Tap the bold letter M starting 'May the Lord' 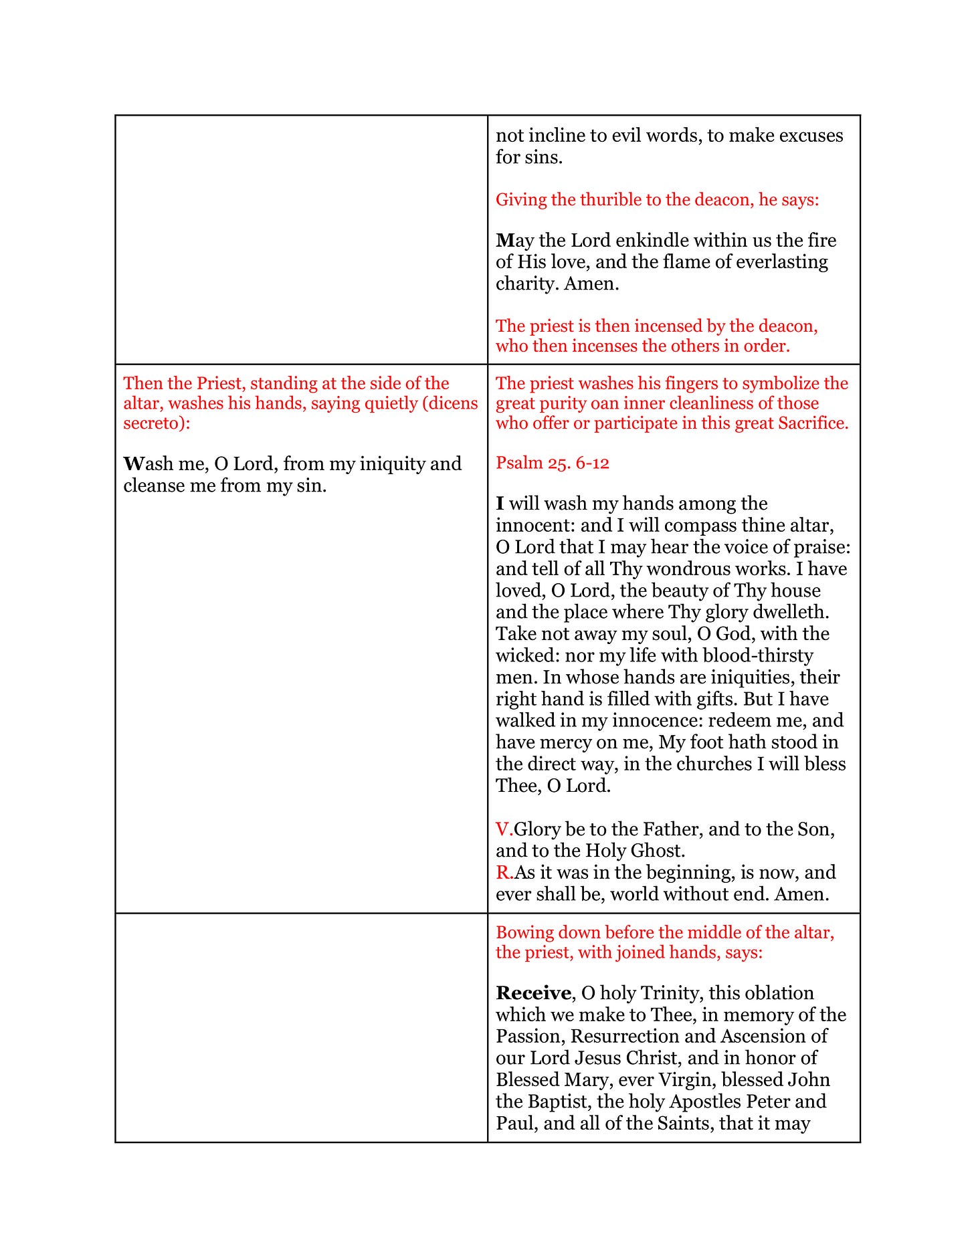tap(505, 241)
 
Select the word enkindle tap(633, 241)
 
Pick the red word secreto tap(153, 423)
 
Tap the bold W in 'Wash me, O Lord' tap(133, 464)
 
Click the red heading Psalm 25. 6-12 tap(553, 463)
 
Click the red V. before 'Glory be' tap(504, 830)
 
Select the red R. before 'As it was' tap(504, 873)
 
